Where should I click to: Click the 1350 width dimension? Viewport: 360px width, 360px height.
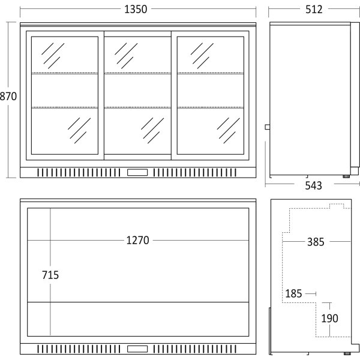[136, 10]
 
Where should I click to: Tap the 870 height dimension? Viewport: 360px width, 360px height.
[8, 96]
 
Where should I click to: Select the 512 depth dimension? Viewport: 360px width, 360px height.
[314, 10]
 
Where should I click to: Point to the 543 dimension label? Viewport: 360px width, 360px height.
[314, 185]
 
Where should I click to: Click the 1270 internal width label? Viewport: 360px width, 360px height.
[138, 241]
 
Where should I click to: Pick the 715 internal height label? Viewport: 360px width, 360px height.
[50, 275]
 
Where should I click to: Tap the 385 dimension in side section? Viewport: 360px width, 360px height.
[316, 242]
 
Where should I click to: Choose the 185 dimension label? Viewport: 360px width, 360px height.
[293, 293]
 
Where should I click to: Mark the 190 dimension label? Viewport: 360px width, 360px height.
[329, 319]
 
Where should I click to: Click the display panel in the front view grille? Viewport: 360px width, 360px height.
[137, 172]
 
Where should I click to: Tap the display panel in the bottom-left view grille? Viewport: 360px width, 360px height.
[137, 349]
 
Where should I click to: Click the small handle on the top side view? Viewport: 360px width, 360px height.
[268, 127]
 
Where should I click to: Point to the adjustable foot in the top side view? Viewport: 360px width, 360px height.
[346, 176]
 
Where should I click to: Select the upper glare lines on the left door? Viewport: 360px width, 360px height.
[53, 56]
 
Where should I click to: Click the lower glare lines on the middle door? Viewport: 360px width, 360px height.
[152, 131]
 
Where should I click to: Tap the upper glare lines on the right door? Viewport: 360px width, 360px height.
[202, 56]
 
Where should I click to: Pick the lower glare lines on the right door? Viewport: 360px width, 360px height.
[228, 131]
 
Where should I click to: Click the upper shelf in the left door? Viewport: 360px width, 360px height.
[65, 73]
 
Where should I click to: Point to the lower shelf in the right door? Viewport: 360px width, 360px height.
[211, 107]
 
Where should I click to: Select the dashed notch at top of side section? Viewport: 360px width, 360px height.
[337, 206]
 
